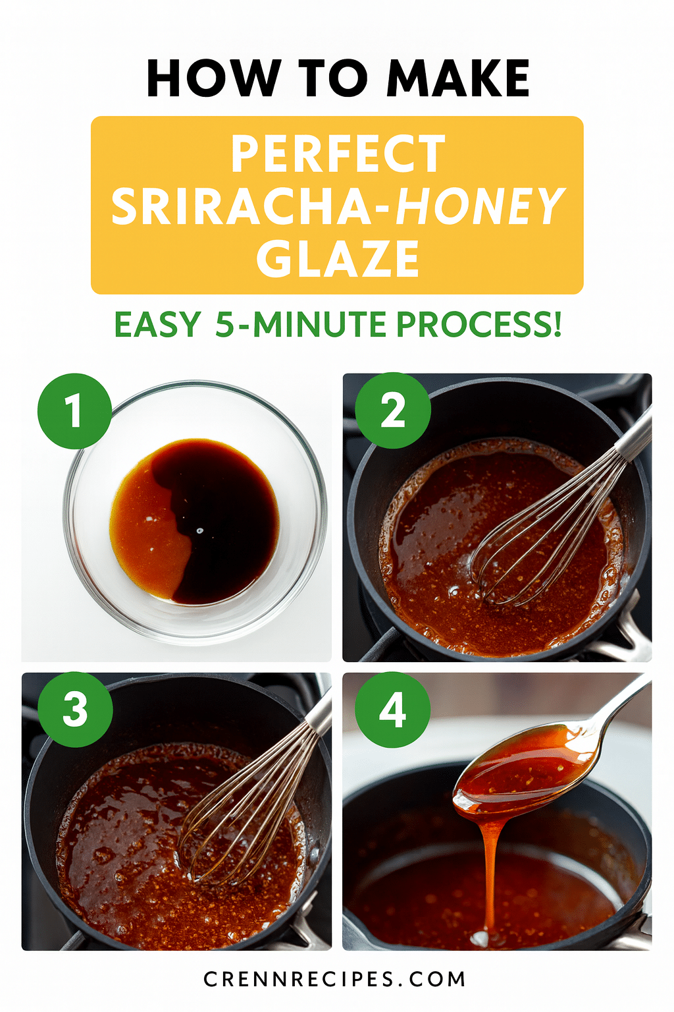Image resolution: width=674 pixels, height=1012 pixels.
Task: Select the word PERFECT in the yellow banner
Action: pos(338,154)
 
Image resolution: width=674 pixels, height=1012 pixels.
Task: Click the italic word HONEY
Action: pos(480,207)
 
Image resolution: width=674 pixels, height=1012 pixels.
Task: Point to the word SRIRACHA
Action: pos(242,207)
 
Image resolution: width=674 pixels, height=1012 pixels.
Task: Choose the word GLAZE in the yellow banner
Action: pos(338,259)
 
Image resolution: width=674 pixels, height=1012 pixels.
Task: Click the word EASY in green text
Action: pos(157,325)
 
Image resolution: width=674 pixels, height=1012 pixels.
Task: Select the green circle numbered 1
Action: pos(74,411)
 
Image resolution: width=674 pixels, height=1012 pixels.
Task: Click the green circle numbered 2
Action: pos(393,411)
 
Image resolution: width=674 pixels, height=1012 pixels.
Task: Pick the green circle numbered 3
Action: pos(75,710)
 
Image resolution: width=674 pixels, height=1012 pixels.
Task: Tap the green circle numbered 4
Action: pos(393,710)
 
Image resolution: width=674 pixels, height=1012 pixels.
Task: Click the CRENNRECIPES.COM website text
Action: pos(334,979)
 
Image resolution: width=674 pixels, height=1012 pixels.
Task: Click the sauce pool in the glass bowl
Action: pos(194,520)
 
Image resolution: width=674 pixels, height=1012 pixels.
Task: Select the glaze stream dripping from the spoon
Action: pos(490,876)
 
